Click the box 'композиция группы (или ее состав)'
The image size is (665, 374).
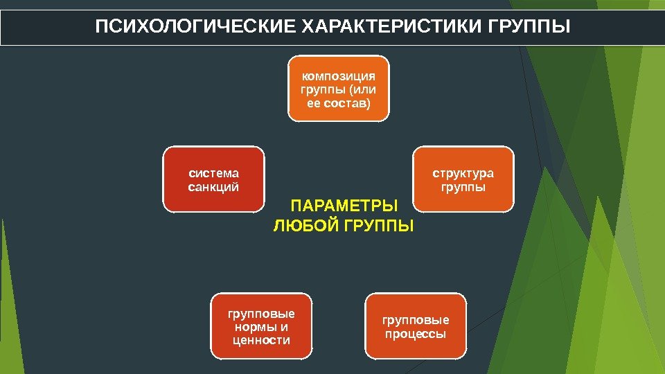click(x=339, y=89)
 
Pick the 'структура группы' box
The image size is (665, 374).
click(x=463, y=179)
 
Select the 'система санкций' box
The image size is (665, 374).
click(x=213, y=179)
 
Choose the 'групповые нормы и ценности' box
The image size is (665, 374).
click(x=261, y=326)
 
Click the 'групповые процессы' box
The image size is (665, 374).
click(x=416, y=326)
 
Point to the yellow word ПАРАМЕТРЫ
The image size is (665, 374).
click(x=344, y=206)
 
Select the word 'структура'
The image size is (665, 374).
click(x=463, y=172)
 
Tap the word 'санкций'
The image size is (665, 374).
click(x=213, y=186)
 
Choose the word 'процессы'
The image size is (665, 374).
click(x=416, y=334)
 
